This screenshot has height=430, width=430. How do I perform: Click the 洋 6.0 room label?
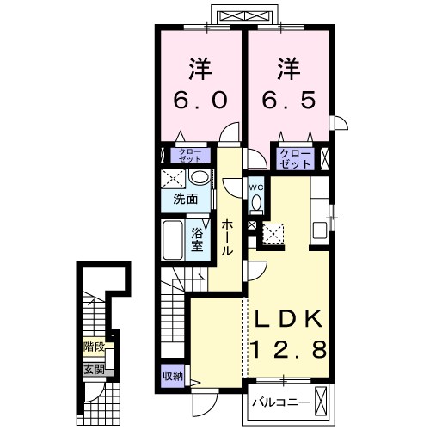point(200,83)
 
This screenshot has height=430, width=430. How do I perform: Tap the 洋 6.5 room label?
point(289,83)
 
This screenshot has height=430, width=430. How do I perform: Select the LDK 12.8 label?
point(289,335)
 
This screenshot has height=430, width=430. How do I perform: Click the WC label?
point(255,187)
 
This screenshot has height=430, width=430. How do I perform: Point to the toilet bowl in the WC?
point(256,203)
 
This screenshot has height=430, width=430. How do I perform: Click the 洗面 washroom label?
point(186,199)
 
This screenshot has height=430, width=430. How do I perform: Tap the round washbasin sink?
point(200,177)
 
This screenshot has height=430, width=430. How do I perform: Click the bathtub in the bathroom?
point(173,240)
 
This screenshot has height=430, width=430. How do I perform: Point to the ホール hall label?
point(226,237)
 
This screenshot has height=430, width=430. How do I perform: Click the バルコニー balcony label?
point(281,402)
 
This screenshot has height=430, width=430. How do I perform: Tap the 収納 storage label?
point(173,376)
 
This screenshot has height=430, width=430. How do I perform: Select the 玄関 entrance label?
point(94,370)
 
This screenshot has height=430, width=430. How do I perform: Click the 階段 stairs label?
point(94,347)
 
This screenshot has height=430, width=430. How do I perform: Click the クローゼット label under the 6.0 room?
point(190,155)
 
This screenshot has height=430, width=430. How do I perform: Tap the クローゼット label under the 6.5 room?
point(295,158)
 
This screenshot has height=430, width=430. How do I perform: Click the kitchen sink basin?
point(320,230)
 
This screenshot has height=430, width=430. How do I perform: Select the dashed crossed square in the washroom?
point(172,179)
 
